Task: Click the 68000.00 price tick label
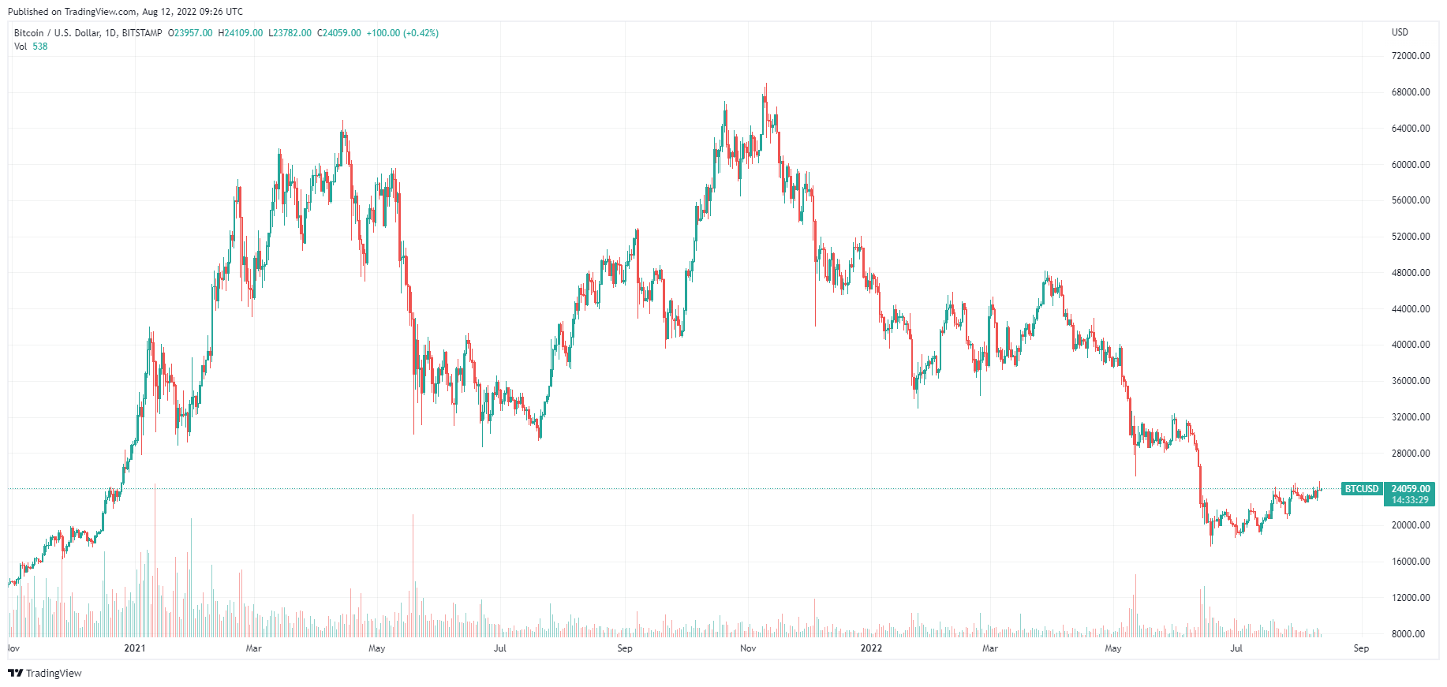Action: pyautogui.click(x=1410, y=92)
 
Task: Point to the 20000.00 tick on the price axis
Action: pyautogui.click(x=1410, y=525)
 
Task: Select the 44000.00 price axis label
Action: pyautogui.click(x=1410, y=309)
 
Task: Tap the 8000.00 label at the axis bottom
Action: pyautogui.click(x=1408, y=634)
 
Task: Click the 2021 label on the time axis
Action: pyautogui.click(x=135, y=648)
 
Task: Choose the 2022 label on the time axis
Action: pyautogui.click(x=871, y=648)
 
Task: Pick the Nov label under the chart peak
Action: pyautogui.click(x=748, y=648)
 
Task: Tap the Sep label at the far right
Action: pyautogui.click(x=1361, y=648)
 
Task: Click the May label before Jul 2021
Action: pyautogui.click(x=377, y=648)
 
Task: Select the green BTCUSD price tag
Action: pyautogui.click(x=1362, y=489)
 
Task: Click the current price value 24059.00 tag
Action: pyautogui.click(x=1410, y=489)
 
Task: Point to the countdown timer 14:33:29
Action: pyautogui.click(x=1410, y=500)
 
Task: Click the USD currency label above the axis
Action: pyautogui.click(x=1400, y=32)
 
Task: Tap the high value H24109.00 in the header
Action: pyautogui.click(x=241, y=33)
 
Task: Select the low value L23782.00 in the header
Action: pyautogui.click(x=290, y=33)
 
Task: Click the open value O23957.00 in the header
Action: pyautogui.click(x=190, y=33)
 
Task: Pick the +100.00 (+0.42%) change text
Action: pyautogui.click(x=402, y=33)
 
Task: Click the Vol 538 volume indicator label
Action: pyautogui.click(x=31, y=47)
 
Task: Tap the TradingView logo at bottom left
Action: pyautogui.click(x=45, y=673)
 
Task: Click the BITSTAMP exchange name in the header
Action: pyautogui.click(x=142, y=33)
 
